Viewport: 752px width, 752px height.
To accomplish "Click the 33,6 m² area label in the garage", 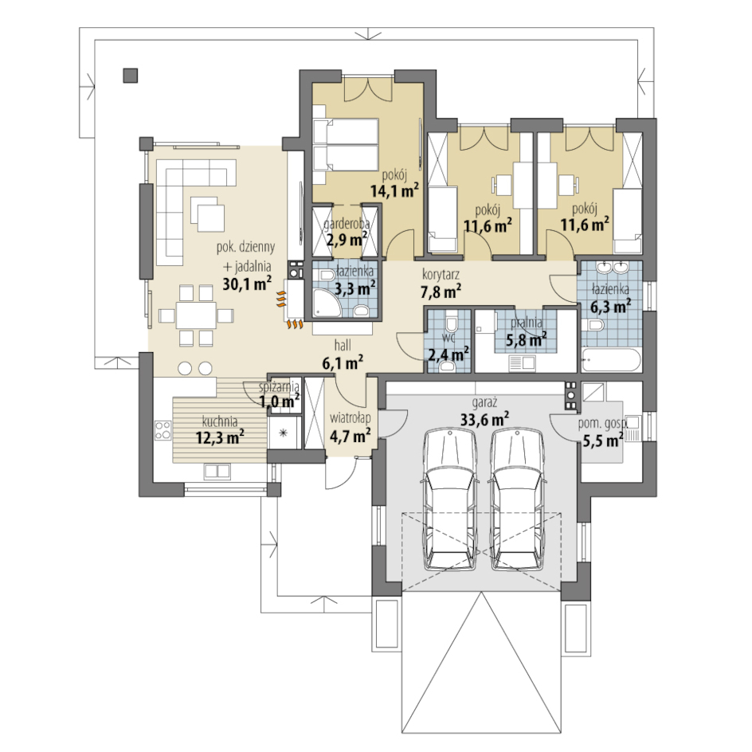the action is click(484, 419).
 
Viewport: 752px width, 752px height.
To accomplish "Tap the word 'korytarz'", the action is click(441, 276).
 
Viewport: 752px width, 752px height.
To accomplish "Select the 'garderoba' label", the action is click(347, 224).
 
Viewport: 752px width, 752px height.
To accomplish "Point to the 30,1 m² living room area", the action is click(247, 283).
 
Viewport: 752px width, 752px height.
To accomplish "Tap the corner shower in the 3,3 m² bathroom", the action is click(327, 303).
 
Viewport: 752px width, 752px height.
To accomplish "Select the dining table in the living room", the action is click(196, 315).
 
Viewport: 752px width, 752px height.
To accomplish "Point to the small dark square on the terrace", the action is click(131, 76).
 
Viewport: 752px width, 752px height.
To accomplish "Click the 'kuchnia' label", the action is click(220, 422).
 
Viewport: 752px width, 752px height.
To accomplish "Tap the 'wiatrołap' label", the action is click(350, 418).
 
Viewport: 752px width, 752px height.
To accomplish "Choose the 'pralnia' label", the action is click(527, 323).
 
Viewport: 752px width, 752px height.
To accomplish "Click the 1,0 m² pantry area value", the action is click(280, 400).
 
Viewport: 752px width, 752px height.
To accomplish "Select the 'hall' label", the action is click(343, 345).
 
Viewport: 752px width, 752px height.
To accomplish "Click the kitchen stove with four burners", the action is click(163, 429).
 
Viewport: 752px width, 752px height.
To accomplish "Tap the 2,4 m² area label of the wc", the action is click(448, 354).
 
